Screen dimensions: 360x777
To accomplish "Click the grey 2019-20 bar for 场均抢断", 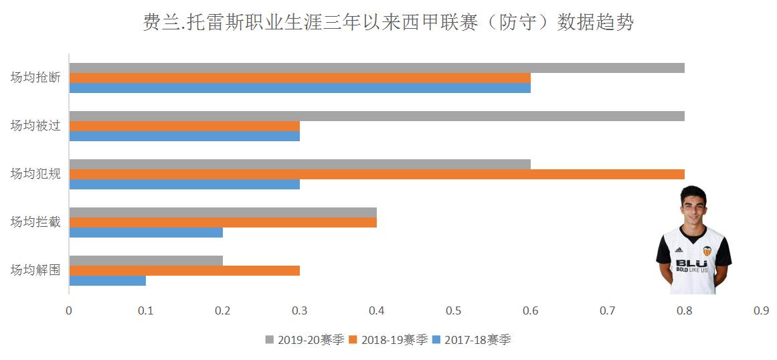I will (377, 68).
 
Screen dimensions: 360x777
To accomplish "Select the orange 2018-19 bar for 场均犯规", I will (377, 174).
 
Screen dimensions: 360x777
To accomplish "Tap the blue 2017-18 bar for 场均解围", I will (107, 280).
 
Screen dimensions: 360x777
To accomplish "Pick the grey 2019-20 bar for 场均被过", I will (377, 116).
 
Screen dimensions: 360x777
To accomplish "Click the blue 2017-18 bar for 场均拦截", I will (146, 232).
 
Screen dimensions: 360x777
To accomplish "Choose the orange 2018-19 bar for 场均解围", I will (184, 270).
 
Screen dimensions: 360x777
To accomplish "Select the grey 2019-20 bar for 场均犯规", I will (300, 164).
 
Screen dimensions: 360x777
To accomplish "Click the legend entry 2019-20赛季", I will (305, 339).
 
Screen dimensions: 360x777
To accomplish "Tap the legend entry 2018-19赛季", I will (387, 339).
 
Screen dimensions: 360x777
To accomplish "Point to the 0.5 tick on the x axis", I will (454, 311).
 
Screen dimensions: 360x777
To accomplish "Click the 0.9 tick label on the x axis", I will (761, 311).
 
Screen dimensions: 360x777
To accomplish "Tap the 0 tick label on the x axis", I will (69, 311).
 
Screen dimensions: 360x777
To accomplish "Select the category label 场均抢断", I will (35, 78).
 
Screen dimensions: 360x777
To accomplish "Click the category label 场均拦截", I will (35, 222).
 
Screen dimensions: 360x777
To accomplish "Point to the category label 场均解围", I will (35, 270).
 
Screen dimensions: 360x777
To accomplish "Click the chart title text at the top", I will (388, 22).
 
